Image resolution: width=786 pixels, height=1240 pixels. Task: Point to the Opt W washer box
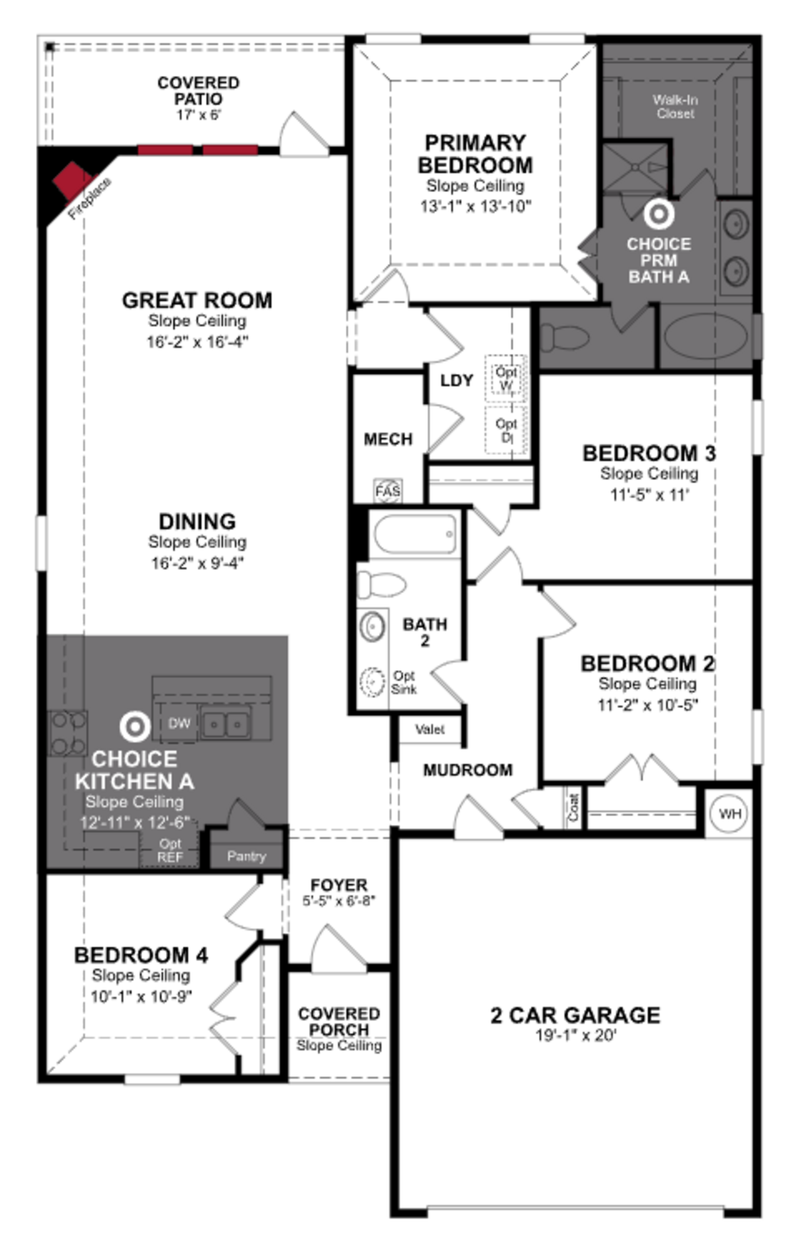point(506,378)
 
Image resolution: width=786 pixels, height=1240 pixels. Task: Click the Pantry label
point(246,856)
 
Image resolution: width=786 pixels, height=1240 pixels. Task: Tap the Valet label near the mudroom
point(430,729)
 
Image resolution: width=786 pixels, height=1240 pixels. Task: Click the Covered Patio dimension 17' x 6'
point(198,115)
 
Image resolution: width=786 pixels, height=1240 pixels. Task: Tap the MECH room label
point(388,439)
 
